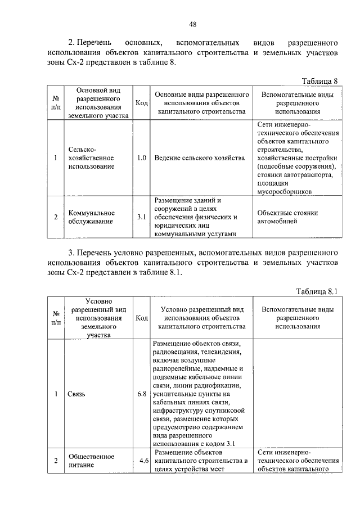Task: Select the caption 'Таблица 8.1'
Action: point(317,291)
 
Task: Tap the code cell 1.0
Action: point(142,159)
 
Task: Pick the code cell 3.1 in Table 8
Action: point(142,217)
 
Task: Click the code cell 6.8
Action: point(142,394)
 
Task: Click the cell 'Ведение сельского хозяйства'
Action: point(200,159)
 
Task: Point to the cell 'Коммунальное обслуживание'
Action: point(92,217)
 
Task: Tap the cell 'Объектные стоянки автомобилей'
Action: point(287,217)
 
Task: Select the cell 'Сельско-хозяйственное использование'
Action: point(91,159)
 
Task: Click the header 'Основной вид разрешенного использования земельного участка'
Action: point(98,103)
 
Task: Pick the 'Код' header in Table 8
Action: point(142,103)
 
